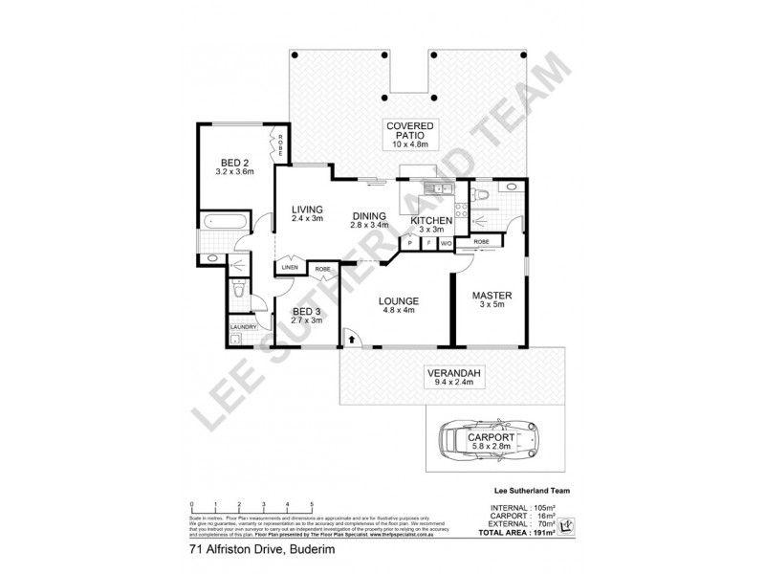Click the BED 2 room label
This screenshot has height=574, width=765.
point(233,162)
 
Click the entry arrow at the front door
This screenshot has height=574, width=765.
point(351,338)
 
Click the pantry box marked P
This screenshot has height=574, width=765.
point(411,243)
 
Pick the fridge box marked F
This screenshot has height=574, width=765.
point(429,243)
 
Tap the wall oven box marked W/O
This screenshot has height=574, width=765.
point(447,243)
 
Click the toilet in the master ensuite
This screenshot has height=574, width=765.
point(485,196)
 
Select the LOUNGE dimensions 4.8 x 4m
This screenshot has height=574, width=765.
point(399,311)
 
